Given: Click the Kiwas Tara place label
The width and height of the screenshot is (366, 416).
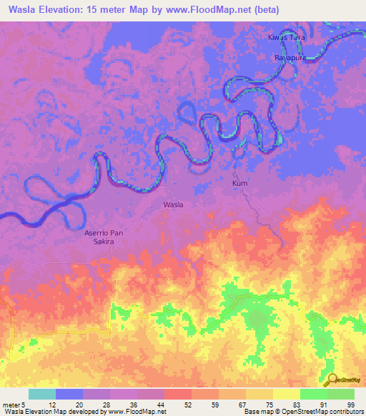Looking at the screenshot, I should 286,36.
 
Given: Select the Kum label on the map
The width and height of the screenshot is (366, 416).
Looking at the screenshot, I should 240,184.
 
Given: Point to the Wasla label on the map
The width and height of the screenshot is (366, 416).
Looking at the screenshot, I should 173,204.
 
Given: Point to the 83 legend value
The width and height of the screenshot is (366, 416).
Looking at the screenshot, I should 287,405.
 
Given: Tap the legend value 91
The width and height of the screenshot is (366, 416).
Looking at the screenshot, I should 314,405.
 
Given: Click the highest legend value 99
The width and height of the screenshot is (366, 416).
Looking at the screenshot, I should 341,405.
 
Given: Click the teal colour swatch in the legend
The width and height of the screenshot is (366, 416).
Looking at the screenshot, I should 42,394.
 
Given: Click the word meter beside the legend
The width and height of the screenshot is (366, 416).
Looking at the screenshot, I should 10,405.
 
